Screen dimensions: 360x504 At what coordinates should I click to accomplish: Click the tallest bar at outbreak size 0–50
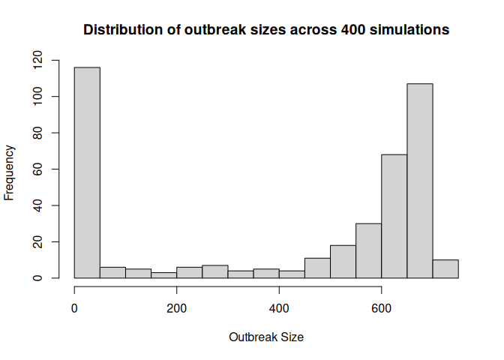(87, 172)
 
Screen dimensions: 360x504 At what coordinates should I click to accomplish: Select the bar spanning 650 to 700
(420, 181)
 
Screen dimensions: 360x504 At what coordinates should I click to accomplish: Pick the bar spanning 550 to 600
(369, 251)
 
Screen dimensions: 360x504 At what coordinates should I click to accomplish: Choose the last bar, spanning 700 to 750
(445, 269)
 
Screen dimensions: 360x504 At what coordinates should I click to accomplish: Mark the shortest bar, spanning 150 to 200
(163, 275)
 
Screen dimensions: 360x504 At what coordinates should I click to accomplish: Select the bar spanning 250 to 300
(215, 271)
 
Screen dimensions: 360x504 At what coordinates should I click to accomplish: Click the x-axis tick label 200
(177, 308)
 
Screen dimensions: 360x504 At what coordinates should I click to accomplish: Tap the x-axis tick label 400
(279, 308)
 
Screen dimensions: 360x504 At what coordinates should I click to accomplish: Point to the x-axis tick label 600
(382, 308)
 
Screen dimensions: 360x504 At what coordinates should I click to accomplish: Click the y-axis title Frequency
(10, 172)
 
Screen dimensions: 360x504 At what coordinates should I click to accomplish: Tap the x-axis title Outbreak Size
(266, 337)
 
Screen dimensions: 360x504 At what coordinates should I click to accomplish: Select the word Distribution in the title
(121, 30)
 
